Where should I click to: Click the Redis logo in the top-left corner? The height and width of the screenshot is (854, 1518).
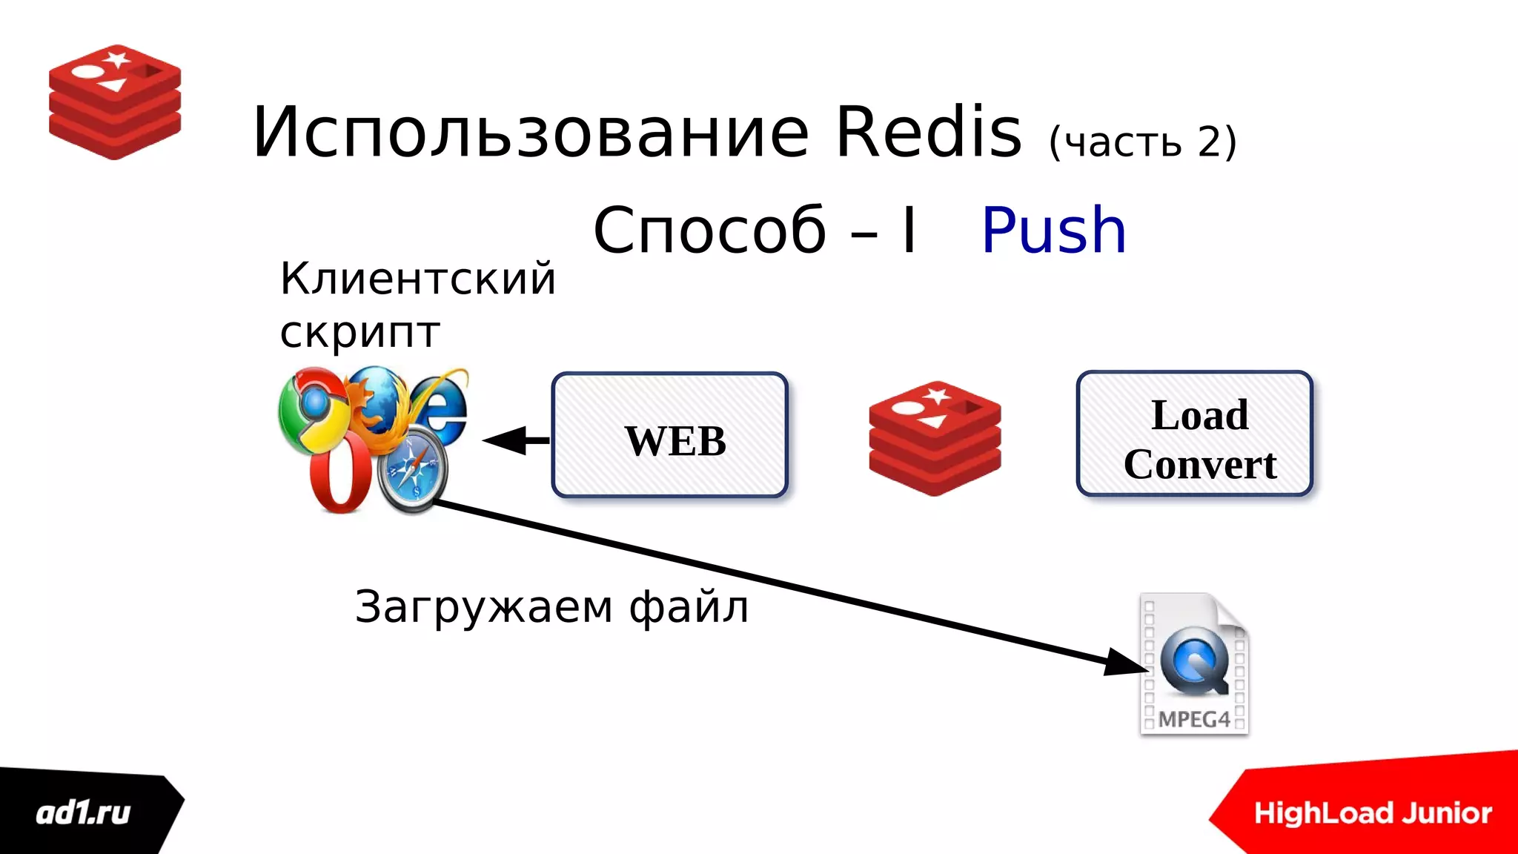[115, 102]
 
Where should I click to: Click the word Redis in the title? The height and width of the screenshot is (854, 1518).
[929, 133]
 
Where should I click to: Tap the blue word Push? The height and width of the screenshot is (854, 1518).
[1053, 231]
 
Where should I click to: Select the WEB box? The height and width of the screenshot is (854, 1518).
[670, 435]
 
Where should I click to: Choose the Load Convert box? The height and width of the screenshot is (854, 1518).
[1195, 434]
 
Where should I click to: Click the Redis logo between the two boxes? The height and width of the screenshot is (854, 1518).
[935, 438]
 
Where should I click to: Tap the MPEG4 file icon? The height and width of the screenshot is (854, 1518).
[1194, 664]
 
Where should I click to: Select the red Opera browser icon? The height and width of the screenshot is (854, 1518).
[340, 474]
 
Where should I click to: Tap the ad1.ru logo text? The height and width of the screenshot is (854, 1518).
[83, 813]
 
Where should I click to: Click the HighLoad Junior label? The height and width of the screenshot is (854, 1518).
[1373, 813]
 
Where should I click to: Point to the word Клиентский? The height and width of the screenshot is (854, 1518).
[417, 279]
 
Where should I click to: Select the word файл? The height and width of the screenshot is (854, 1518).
[689, 607]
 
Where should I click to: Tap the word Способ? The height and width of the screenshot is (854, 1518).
[709, 231]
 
